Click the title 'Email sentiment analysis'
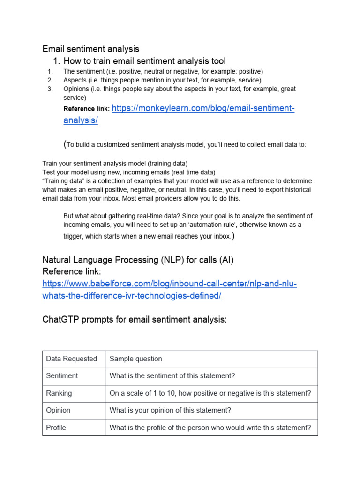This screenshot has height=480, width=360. click(90, 49)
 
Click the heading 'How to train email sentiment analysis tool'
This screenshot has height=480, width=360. click(144, 61)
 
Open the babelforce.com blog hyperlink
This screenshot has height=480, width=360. click(169, 284)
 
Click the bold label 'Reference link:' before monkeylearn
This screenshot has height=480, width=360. click(86, 109)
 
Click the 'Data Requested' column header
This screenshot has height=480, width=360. click(71, 359)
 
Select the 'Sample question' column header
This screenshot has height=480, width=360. click(135, 359)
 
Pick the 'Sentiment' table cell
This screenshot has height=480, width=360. click(62, 376)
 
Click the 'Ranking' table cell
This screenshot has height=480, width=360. click(59, 393)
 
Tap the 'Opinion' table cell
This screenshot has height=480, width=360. click(58, 410)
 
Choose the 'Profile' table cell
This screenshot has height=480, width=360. click(56, 427)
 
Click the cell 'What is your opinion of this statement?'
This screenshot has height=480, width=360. click(170, 410)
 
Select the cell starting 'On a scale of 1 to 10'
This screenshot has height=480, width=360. click(210, 393)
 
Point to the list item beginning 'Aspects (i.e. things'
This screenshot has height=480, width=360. click(162, 80)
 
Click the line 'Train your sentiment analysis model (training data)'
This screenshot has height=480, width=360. click(115, 164)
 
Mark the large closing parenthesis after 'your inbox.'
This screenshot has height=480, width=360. click(233, 236)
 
